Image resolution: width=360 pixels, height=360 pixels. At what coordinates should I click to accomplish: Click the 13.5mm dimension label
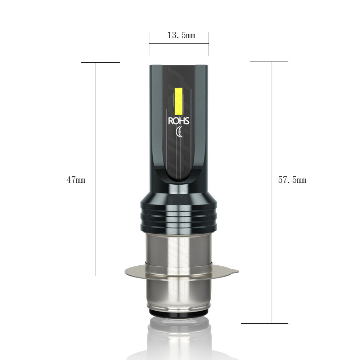click(x=181, y=35)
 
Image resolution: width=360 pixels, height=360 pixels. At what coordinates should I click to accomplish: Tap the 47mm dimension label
click(x=76, y=180)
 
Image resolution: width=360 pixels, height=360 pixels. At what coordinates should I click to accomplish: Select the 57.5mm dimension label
click(x=292, y=180)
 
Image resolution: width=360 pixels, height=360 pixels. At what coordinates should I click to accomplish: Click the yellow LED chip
click(x=179, y=101)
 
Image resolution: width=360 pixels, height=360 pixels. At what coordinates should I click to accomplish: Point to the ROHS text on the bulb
click(x=179, y=121)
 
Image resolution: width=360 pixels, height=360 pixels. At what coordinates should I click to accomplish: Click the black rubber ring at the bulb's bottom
click(x=179, y=312)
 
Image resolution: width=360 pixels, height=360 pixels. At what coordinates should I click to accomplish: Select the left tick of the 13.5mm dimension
click(x=149, y=44)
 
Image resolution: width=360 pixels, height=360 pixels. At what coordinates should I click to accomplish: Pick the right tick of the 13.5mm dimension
click(x=209, y=44)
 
